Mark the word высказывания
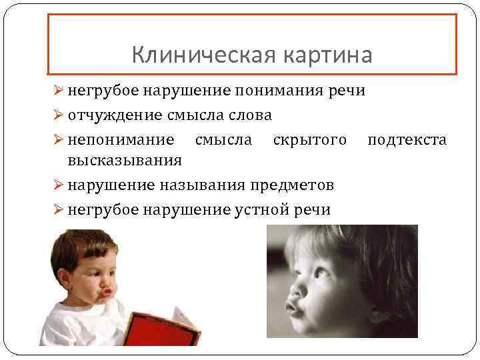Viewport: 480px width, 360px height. pyautogui.click(x=125, y=160)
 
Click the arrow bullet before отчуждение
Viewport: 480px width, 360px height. pyautogui.click(x=57, y=115)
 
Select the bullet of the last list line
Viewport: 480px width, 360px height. pyautogui.click(x=57, y=209)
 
